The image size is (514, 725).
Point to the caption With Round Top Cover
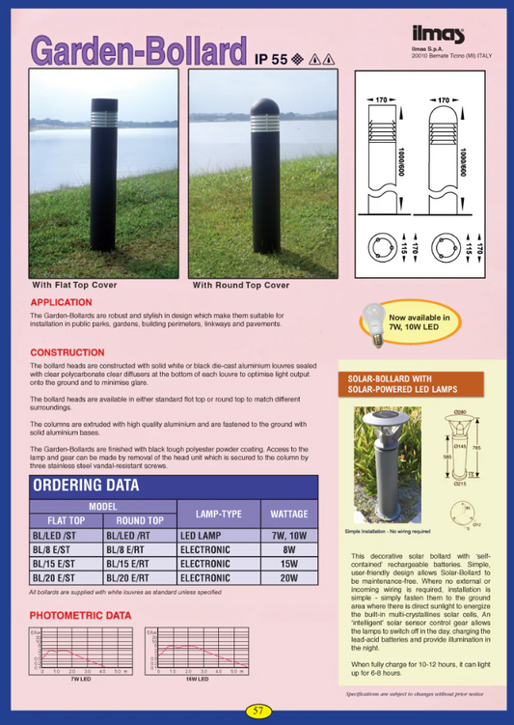click(241, 286)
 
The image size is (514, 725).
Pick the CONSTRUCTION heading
click(68, 352)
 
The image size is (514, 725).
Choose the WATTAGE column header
click(288, 514)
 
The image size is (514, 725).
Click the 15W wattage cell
click(288, 563)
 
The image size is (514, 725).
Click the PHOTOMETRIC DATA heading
click(80, 615)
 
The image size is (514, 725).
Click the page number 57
click(257, 711)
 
